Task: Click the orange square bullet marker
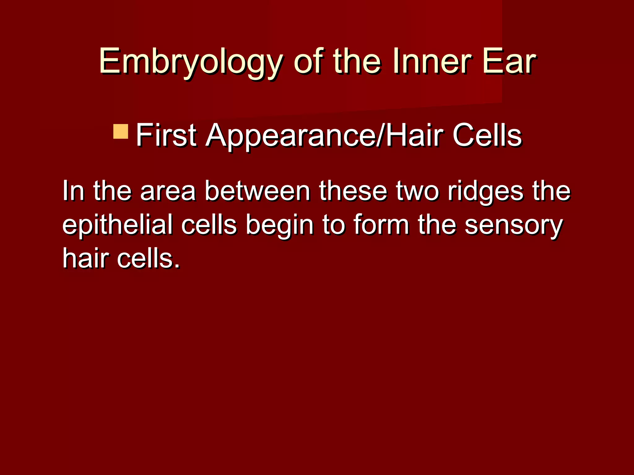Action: [x=121, y=131]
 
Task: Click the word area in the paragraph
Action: [x=167, y=191]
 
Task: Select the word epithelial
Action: [x=117, y=225]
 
